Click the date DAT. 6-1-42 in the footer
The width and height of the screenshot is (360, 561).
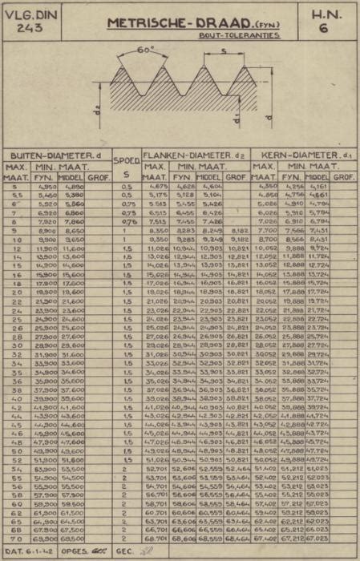pos(30,552)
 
